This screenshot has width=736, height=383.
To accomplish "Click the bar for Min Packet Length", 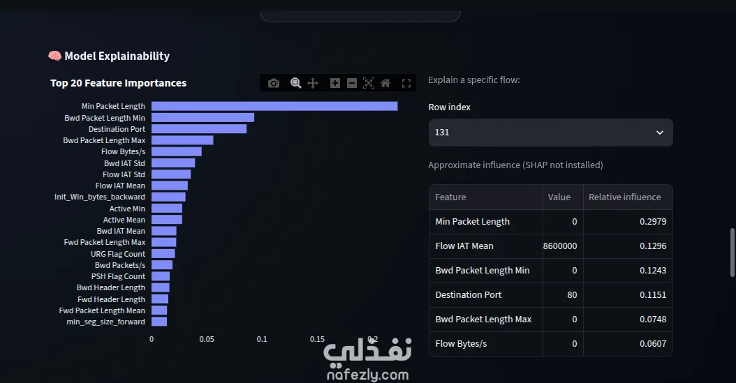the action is [274, 107].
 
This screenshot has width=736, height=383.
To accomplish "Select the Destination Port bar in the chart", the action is [199, 129].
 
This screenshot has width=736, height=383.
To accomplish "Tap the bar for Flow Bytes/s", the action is [177, 151].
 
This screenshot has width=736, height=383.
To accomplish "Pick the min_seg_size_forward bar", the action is [159, 322].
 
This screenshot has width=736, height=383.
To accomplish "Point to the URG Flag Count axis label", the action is [118, 254].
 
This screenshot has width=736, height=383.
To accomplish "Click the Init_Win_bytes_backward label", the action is [100, 197].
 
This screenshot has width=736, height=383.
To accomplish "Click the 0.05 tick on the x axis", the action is [207, 339].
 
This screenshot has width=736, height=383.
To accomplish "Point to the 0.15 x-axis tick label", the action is [317, 339].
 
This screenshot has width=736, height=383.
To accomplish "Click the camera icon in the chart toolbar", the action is [274, 84].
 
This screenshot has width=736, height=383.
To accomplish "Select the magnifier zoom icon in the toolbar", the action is [295, 84].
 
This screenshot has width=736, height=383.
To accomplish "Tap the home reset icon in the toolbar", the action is [385, 84].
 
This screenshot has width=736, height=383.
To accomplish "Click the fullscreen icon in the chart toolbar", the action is [406, 84].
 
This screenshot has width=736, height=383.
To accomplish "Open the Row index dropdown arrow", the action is [659, 133].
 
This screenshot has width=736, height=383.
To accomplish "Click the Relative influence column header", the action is [625, 197].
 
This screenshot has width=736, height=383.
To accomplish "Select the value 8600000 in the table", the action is [560, 246].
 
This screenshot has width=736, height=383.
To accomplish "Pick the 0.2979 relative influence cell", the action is [653, 222].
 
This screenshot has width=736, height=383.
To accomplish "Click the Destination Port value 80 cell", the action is [572, 295].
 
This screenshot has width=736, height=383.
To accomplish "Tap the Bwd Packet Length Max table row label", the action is [483, 320].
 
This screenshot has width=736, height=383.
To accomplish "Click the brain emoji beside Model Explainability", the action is [54, 57].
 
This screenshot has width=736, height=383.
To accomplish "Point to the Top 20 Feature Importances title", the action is [118, 83].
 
